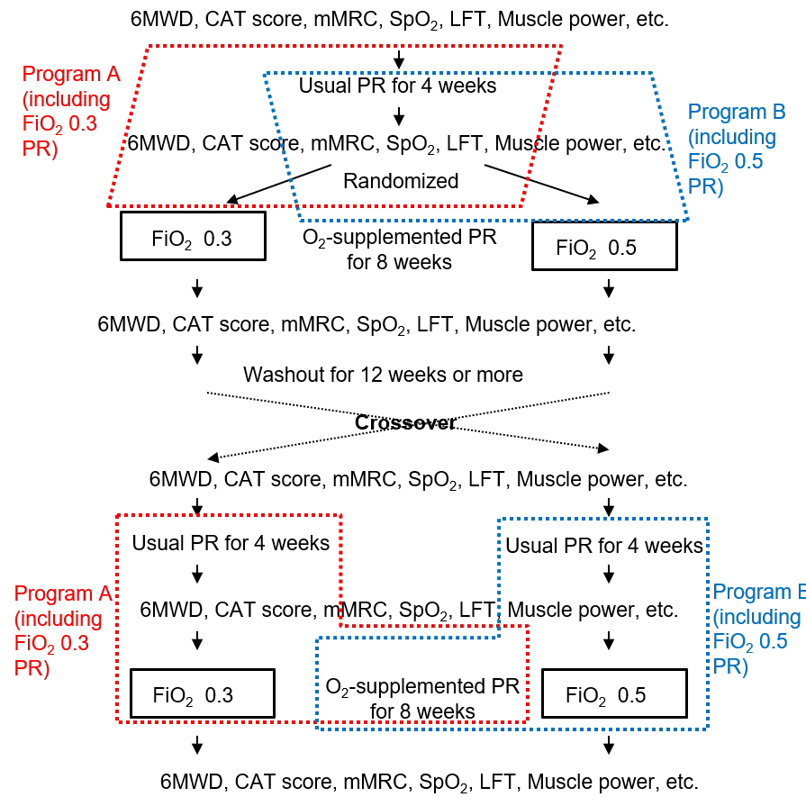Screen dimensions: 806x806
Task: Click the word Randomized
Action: pos(401,181)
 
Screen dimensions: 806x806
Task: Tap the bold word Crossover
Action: pos(405,422)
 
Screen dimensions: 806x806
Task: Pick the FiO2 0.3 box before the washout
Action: pos(193,236)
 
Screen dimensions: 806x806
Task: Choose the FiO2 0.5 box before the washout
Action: pos(604,246)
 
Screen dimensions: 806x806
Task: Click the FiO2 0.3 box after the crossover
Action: pos(203,693)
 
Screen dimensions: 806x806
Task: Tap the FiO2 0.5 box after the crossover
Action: pos(614,693)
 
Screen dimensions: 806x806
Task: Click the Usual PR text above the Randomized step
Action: pos(397,86)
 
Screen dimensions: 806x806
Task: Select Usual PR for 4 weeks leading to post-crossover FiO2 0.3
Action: pos(231,543)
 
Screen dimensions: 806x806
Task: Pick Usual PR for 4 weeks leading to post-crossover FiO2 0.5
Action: pos(604,546)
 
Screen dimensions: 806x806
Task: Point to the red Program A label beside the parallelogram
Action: pos(71,111)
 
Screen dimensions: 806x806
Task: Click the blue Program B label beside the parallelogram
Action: pos(737,149)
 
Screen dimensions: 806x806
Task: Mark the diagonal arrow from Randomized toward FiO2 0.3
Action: pos(279,184)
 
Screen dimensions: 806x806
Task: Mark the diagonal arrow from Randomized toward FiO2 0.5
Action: pos(542,184)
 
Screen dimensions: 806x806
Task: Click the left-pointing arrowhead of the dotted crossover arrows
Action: pos(212,457)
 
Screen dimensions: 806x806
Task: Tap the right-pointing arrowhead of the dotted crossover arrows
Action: pos(604,448)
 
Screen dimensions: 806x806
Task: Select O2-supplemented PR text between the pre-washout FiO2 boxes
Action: pos(400,249)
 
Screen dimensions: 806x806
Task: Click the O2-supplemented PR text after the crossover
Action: pos(422,699)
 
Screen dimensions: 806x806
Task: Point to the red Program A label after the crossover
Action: pos(63,630)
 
